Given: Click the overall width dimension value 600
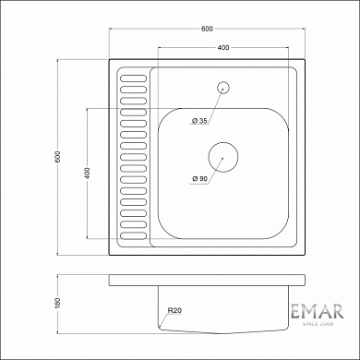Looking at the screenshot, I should tap(206, 28).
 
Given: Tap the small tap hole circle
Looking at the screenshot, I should tap(222, 89).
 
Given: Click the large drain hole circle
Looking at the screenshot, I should tap(222, 154).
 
